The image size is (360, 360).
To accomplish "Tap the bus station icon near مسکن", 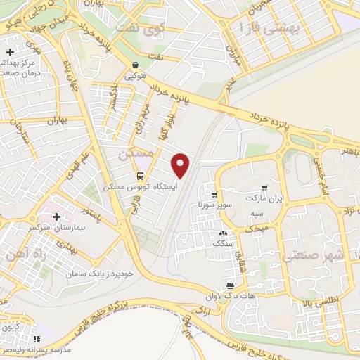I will click(140, 175).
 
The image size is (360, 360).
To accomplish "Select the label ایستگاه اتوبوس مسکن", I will click(141, 188).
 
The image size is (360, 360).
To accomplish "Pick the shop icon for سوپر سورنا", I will click(214, 195).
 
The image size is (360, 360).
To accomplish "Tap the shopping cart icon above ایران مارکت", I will click(264, 188).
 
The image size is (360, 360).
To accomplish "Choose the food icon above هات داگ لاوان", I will click(230, 285).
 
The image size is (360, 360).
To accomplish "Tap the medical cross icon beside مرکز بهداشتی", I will click(11, 53).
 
